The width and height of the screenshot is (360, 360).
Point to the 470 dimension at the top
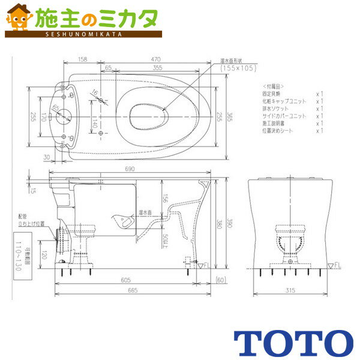tap(156, 60)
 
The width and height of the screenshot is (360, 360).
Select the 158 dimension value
tap(82, 60)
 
